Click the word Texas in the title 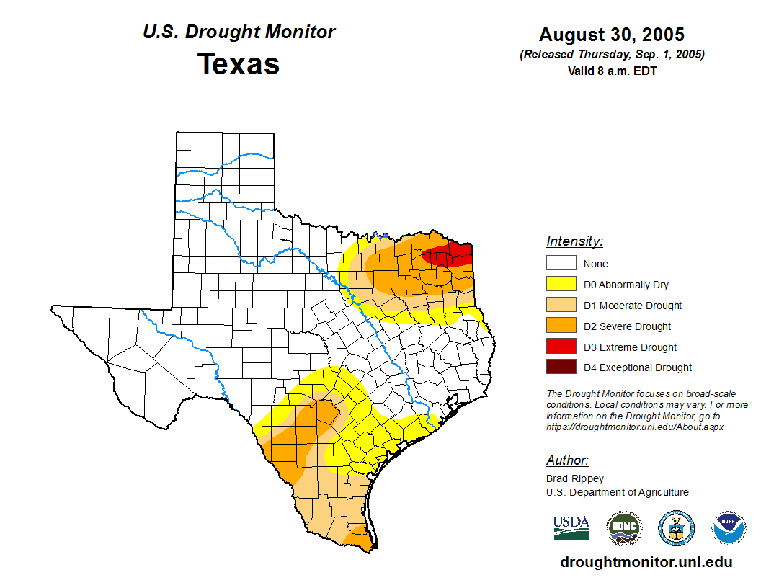click(239, 64)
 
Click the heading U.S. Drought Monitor click(239, 32)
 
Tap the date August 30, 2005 click(612, 35)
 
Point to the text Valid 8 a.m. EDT click(612, 71)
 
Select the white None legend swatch click(561, 264)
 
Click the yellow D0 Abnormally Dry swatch click(561, 285)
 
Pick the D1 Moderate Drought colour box click(561, 306)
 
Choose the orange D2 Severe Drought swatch click(561, 326)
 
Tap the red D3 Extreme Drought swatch click(561, 347)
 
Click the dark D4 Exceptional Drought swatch click(561, 367)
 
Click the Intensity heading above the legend click(574, 241)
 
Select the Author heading click(567, 460)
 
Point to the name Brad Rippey click(575, 478)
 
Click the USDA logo click(571, 527)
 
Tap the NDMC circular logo click(623, 528)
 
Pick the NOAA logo click(729, 528)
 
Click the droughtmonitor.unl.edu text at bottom click(646, 563)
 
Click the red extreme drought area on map click(450, 254)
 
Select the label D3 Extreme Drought click(630, 347)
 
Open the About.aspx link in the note click(634, 427)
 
